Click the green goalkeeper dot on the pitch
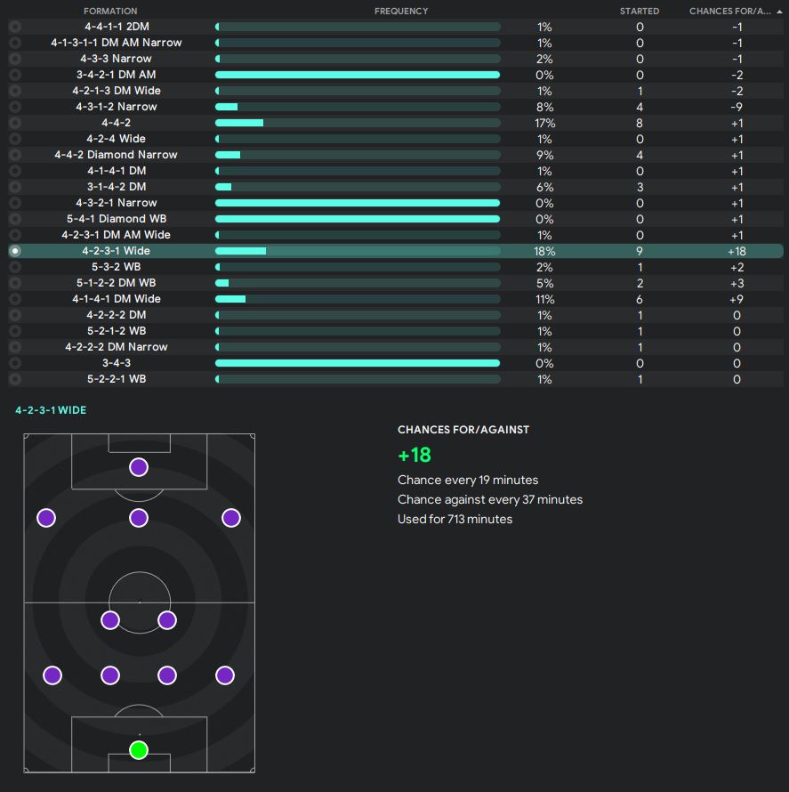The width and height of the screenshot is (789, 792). (x=138, y=749)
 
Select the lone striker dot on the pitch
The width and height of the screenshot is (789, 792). (x=138, y=467)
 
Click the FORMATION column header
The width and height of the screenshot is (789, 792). (x=110, y=11)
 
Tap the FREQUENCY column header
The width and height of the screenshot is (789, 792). (x=401, y=11)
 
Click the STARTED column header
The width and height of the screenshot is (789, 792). (x=640, y=11)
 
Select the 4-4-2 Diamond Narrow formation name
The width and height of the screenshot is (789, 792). (x=116, y=155)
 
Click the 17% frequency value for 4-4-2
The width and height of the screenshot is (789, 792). (x=544, y=123)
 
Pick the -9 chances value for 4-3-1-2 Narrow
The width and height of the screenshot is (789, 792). (x=737, y=107)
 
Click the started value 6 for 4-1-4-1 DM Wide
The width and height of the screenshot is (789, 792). (x=640, y=299)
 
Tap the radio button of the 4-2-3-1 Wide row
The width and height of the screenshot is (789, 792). (x=15, y=251)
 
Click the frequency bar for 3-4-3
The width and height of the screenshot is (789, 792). (x=358, y=363)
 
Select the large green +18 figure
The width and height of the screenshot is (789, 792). (x=415, y=455)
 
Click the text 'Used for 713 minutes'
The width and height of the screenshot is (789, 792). (x=455, y=519)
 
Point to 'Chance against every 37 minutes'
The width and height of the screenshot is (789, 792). (x=489, y=499)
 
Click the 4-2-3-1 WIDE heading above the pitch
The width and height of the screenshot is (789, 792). (x=51, y=410)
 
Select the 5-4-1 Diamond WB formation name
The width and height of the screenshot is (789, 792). (x=116, y=219)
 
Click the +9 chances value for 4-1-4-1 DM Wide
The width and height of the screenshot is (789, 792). (x=737, y=299)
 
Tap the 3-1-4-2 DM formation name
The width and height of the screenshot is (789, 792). (x=116, y=187)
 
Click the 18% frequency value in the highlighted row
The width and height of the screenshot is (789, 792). (x=544, y=251)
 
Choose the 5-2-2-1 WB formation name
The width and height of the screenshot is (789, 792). (x=116, y=379)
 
